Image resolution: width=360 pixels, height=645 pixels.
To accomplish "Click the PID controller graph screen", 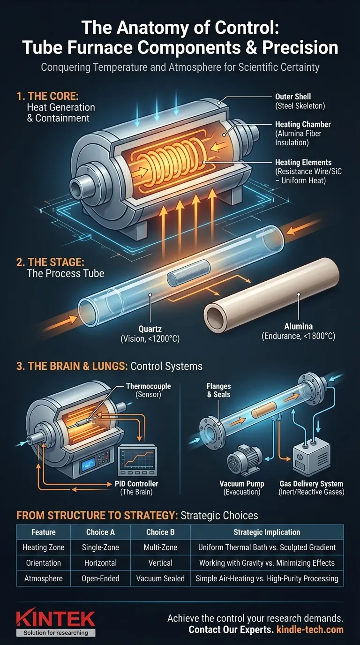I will [x=137, y=462].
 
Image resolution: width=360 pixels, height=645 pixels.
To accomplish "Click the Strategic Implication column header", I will [x=267, y=532].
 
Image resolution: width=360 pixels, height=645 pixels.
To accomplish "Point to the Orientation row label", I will [x=43, y=563].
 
